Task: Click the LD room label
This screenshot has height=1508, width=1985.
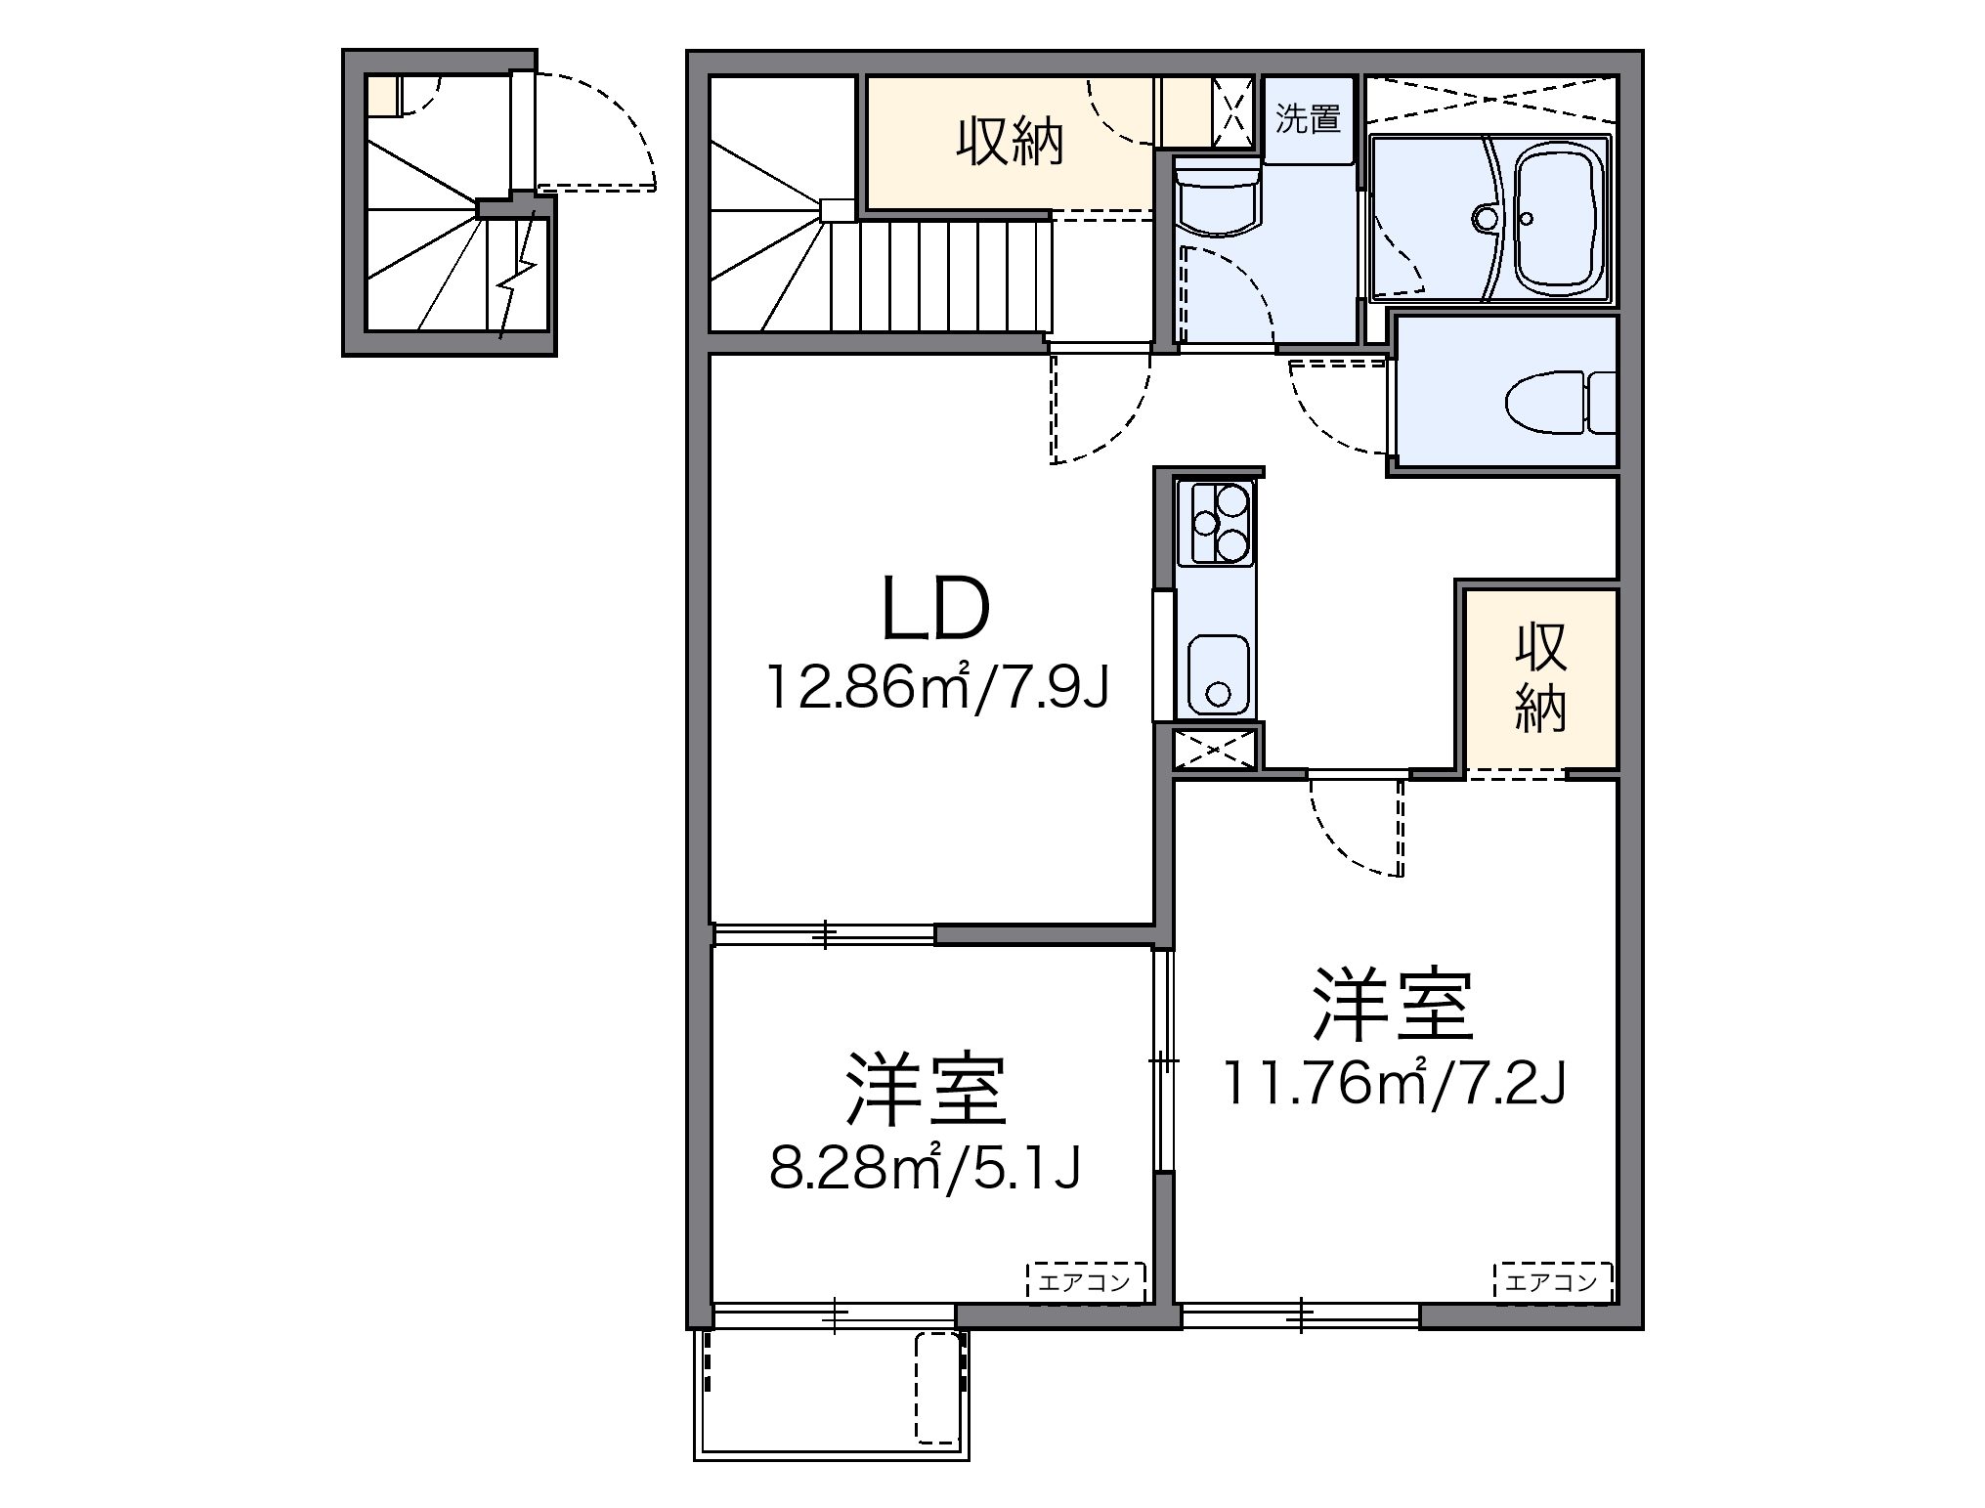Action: tap(935, 608)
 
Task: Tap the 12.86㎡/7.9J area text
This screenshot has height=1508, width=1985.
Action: tap(936, 688)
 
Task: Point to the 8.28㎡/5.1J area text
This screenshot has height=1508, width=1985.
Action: tap(925, 1168)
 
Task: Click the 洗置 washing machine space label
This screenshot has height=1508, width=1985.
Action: tap(1308, 119)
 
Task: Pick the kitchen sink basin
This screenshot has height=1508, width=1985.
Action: tap(1217, 675)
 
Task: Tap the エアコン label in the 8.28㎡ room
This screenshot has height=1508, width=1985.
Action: tap(1084, 1281)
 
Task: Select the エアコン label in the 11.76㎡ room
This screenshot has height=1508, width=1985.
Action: tap(1551, 1281)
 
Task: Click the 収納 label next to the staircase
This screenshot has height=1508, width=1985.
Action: tap(1008, 143)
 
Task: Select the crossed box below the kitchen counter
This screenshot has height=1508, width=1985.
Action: tap(1213, 750)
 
